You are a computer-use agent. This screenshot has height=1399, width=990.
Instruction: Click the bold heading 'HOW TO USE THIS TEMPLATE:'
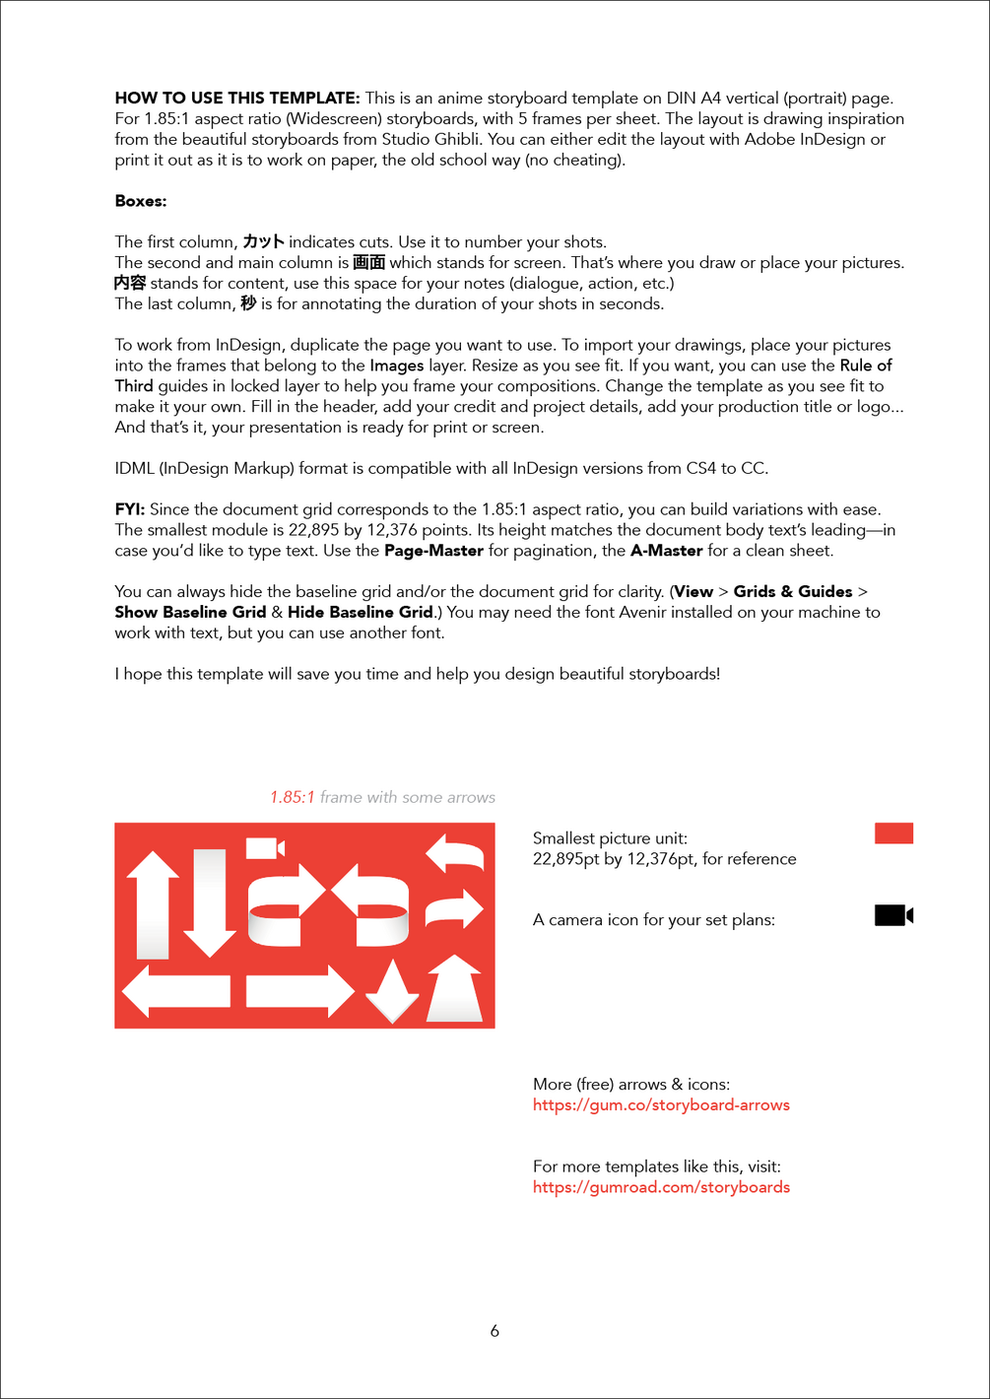coord(236,98)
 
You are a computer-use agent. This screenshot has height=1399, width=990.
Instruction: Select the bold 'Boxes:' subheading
coord(141,201)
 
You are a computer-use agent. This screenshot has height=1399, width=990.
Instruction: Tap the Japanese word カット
coord(263,241)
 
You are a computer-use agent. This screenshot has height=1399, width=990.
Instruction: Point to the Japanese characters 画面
coord(368,262)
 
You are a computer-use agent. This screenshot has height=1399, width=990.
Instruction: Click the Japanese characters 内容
coord(130,283)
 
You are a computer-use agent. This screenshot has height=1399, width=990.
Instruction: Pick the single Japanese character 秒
coord(248,303)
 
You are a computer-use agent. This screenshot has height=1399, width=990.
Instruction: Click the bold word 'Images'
coord(397,365)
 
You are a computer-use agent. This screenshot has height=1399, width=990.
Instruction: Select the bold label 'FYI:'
coord(130,509)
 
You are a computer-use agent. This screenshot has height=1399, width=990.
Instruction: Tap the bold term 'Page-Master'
coord(433,551)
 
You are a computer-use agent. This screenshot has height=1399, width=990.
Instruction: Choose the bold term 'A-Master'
coord(666,551)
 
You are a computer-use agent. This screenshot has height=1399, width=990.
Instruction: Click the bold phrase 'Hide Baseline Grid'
coord(361,612)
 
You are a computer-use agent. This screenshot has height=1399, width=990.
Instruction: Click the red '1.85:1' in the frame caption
coord(293,797)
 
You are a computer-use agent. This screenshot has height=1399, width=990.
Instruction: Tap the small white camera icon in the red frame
coord(264,847)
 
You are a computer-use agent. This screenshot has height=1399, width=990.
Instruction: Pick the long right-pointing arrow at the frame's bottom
coord(299,991)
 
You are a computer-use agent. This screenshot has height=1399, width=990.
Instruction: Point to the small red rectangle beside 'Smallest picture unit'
coord(893,833)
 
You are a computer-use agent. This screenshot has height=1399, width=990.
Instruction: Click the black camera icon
coord(893,915)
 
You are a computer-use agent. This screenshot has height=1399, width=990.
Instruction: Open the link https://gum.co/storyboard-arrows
coord(661,1105)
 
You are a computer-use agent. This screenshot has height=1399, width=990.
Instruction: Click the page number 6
coord(495,1331)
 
